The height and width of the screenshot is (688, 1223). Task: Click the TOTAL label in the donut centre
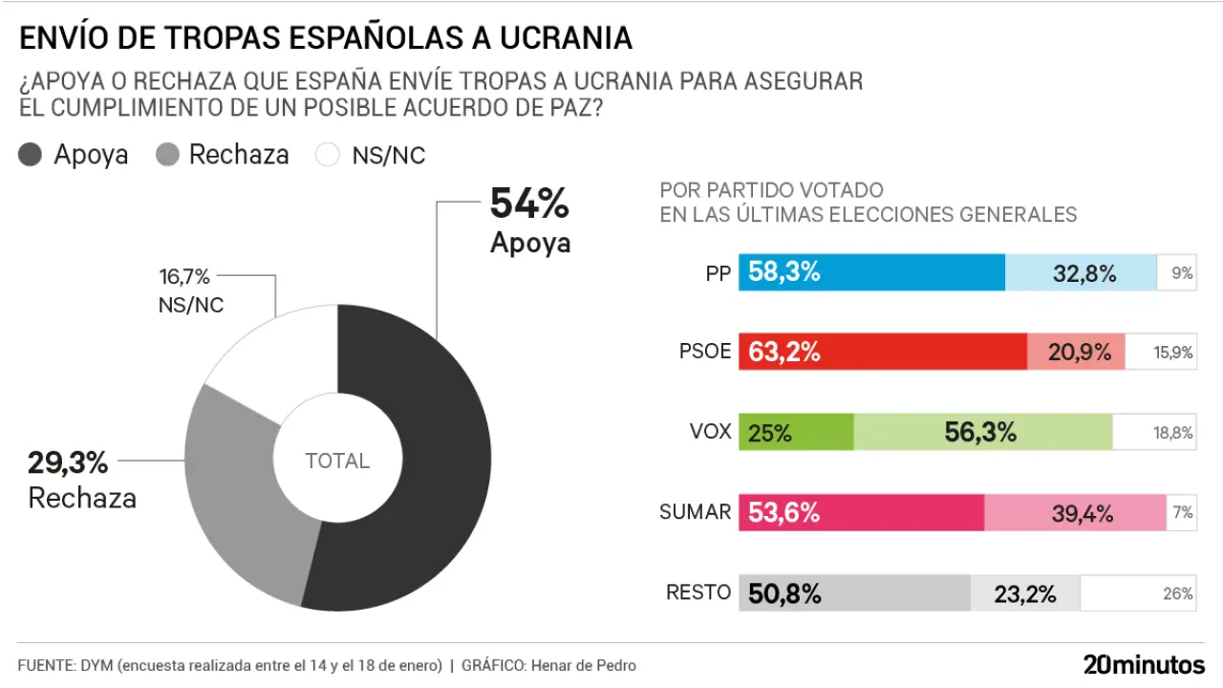[337, 462]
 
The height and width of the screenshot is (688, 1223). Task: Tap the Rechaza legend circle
[167, 155]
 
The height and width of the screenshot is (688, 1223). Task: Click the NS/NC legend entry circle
[328, 155]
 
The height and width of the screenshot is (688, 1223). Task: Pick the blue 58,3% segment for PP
[874, 273]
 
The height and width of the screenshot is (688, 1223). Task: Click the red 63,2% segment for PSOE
[885, 352]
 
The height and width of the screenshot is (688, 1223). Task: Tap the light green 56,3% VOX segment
[982, 432]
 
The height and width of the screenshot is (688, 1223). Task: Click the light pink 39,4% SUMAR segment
[1075, 513]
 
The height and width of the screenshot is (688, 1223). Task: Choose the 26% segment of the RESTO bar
[1137, 593]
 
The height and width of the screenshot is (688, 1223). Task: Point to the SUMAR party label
[695, 512]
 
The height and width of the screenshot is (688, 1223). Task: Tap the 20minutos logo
[1144, 664]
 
